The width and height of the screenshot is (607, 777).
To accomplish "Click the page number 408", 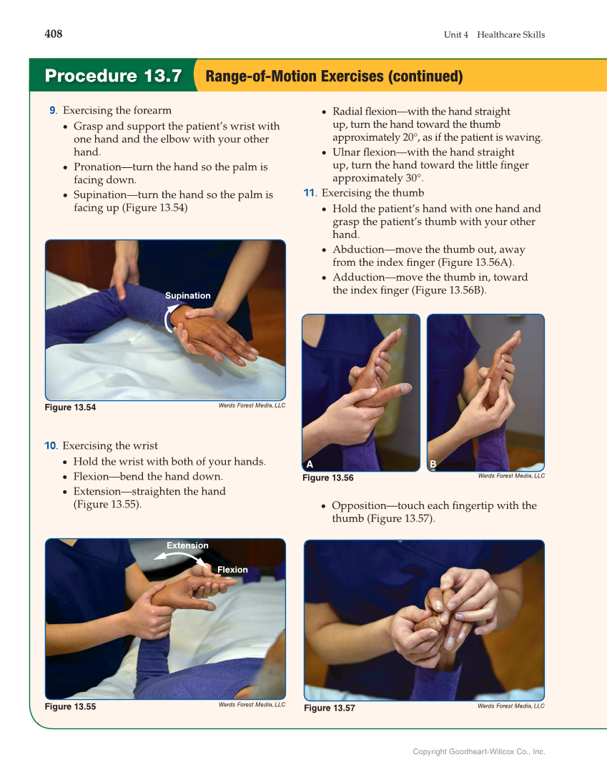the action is pos(54,34).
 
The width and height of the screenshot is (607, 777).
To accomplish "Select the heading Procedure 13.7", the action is pos(113,76).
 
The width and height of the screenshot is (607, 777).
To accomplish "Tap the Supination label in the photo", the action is pos(188,295).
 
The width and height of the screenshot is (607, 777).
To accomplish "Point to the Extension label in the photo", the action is pos(187,545).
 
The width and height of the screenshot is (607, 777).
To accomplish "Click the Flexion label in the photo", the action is pos(232,570).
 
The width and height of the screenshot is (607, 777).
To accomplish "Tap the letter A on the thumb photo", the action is pos(310,465).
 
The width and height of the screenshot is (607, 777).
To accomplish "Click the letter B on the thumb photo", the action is pos(433,465).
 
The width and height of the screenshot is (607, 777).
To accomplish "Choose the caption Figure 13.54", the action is pos(70,407).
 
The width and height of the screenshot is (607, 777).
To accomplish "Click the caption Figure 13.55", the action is pos(70,707).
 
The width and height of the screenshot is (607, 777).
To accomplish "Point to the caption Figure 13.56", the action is pos(328,477).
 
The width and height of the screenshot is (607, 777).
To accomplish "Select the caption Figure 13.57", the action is pos(330,708).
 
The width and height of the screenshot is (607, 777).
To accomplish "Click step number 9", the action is pos(53,111).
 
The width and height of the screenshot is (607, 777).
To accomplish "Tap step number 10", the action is pos(51,445).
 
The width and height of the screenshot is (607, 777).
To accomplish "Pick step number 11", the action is pos(310,193).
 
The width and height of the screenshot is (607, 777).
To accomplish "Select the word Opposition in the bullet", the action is pos(359,506).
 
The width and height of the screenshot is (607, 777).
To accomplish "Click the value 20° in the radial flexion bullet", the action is pos(409,137).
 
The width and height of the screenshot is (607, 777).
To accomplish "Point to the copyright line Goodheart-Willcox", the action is pos(479,751).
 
